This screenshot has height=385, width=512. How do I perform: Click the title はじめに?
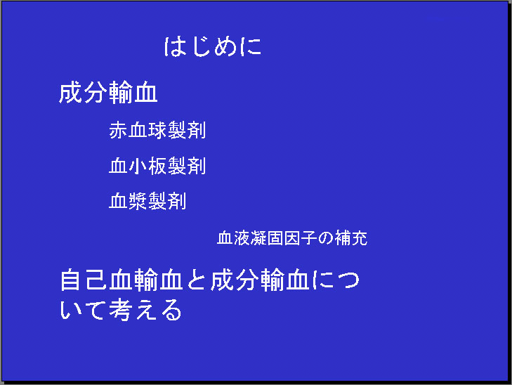click(213, 46)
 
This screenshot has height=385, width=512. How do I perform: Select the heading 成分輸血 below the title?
click(108, 93)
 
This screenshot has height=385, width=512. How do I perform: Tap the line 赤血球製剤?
click(157, 130)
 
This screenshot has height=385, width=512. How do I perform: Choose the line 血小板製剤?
click(157, 166)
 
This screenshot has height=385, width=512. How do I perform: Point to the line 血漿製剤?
click(147, 200)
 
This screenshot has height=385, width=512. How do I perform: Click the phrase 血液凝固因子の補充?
click(292, 237)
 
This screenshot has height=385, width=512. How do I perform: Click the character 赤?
click(118, 130)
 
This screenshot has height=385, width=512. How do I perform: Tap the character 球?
click(157, 130)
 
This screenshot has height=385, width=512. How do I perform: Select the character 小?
click(138, 166)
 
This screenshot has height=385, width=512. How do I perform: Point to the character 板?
click(157, 166)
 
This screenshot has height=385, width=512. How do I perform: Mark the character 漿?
click(138, 200)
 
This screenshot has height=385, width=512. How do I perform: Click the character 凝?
click(258, 237)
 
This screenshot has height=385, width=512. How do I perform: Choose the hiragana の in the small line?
click(326, 238)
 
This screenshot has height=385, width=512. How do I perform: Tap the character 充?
click(359, 237)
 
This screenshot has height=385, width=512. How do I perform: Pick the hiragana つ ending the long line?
click(348, 280)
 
